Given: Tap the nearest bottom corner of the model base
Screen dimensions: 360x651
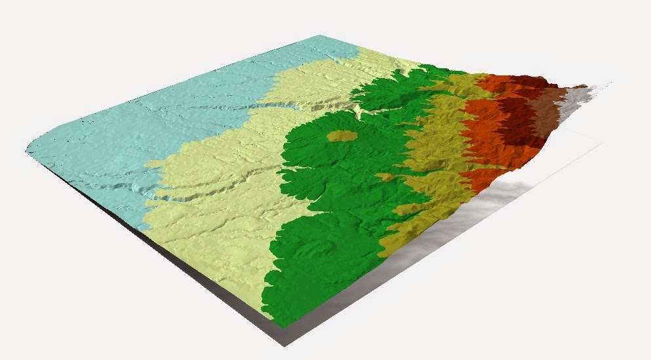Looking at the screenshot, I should [x=283, y=344].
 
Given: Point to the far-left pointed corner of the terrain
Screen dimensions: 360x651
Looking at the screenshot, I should [x=28, y=152].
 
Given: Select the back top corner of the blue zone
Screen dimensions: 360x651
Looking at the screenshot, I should [x=338, y=36].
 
